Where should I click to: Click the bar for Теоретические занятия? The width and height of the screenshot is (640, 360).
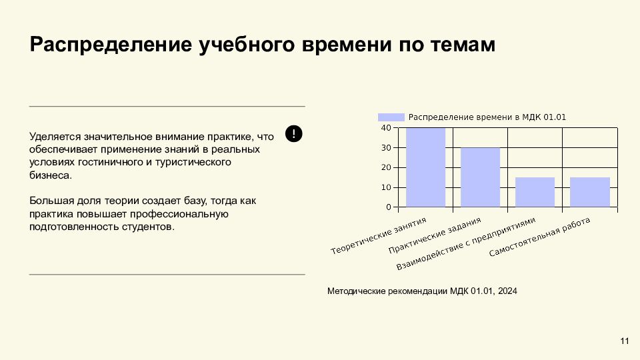pos(425,167)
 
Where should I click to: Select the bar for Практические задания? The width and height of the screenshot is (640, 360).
pos(480,177)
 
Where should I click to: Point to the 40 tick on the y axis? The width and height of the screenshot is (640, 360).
pos(386,127)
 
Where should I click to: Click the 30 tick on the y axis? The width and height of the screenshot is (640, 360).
pos(386,147)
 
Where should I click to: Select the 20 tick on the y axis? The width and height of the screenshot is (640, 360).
pos(386,167)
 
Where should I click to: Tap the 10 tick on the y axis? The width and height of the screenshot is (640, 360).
pos(386,187)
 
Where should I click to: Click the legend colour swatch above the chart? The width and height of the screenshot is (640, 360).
pos(391,117)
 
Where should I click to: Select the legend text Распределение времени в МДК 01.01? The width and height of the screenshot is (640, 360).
pos(487,117)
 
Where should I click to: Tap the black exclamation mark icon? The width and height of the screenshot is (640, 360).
pos(294,133)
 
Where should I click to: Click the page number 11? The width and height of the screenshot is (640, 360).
pos(625,342)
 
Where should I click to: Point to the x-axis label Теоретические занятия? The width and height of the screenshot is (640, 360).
pos(379,236)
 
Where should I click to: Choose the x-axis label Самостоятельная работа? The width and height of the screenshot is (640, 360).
pos(540,238)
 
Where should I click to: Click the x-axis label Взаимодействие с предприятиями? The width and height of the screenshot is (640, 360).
pos(466,244)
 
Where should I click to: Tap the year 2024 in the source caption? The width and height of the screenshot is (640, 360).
pos(507,291)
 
